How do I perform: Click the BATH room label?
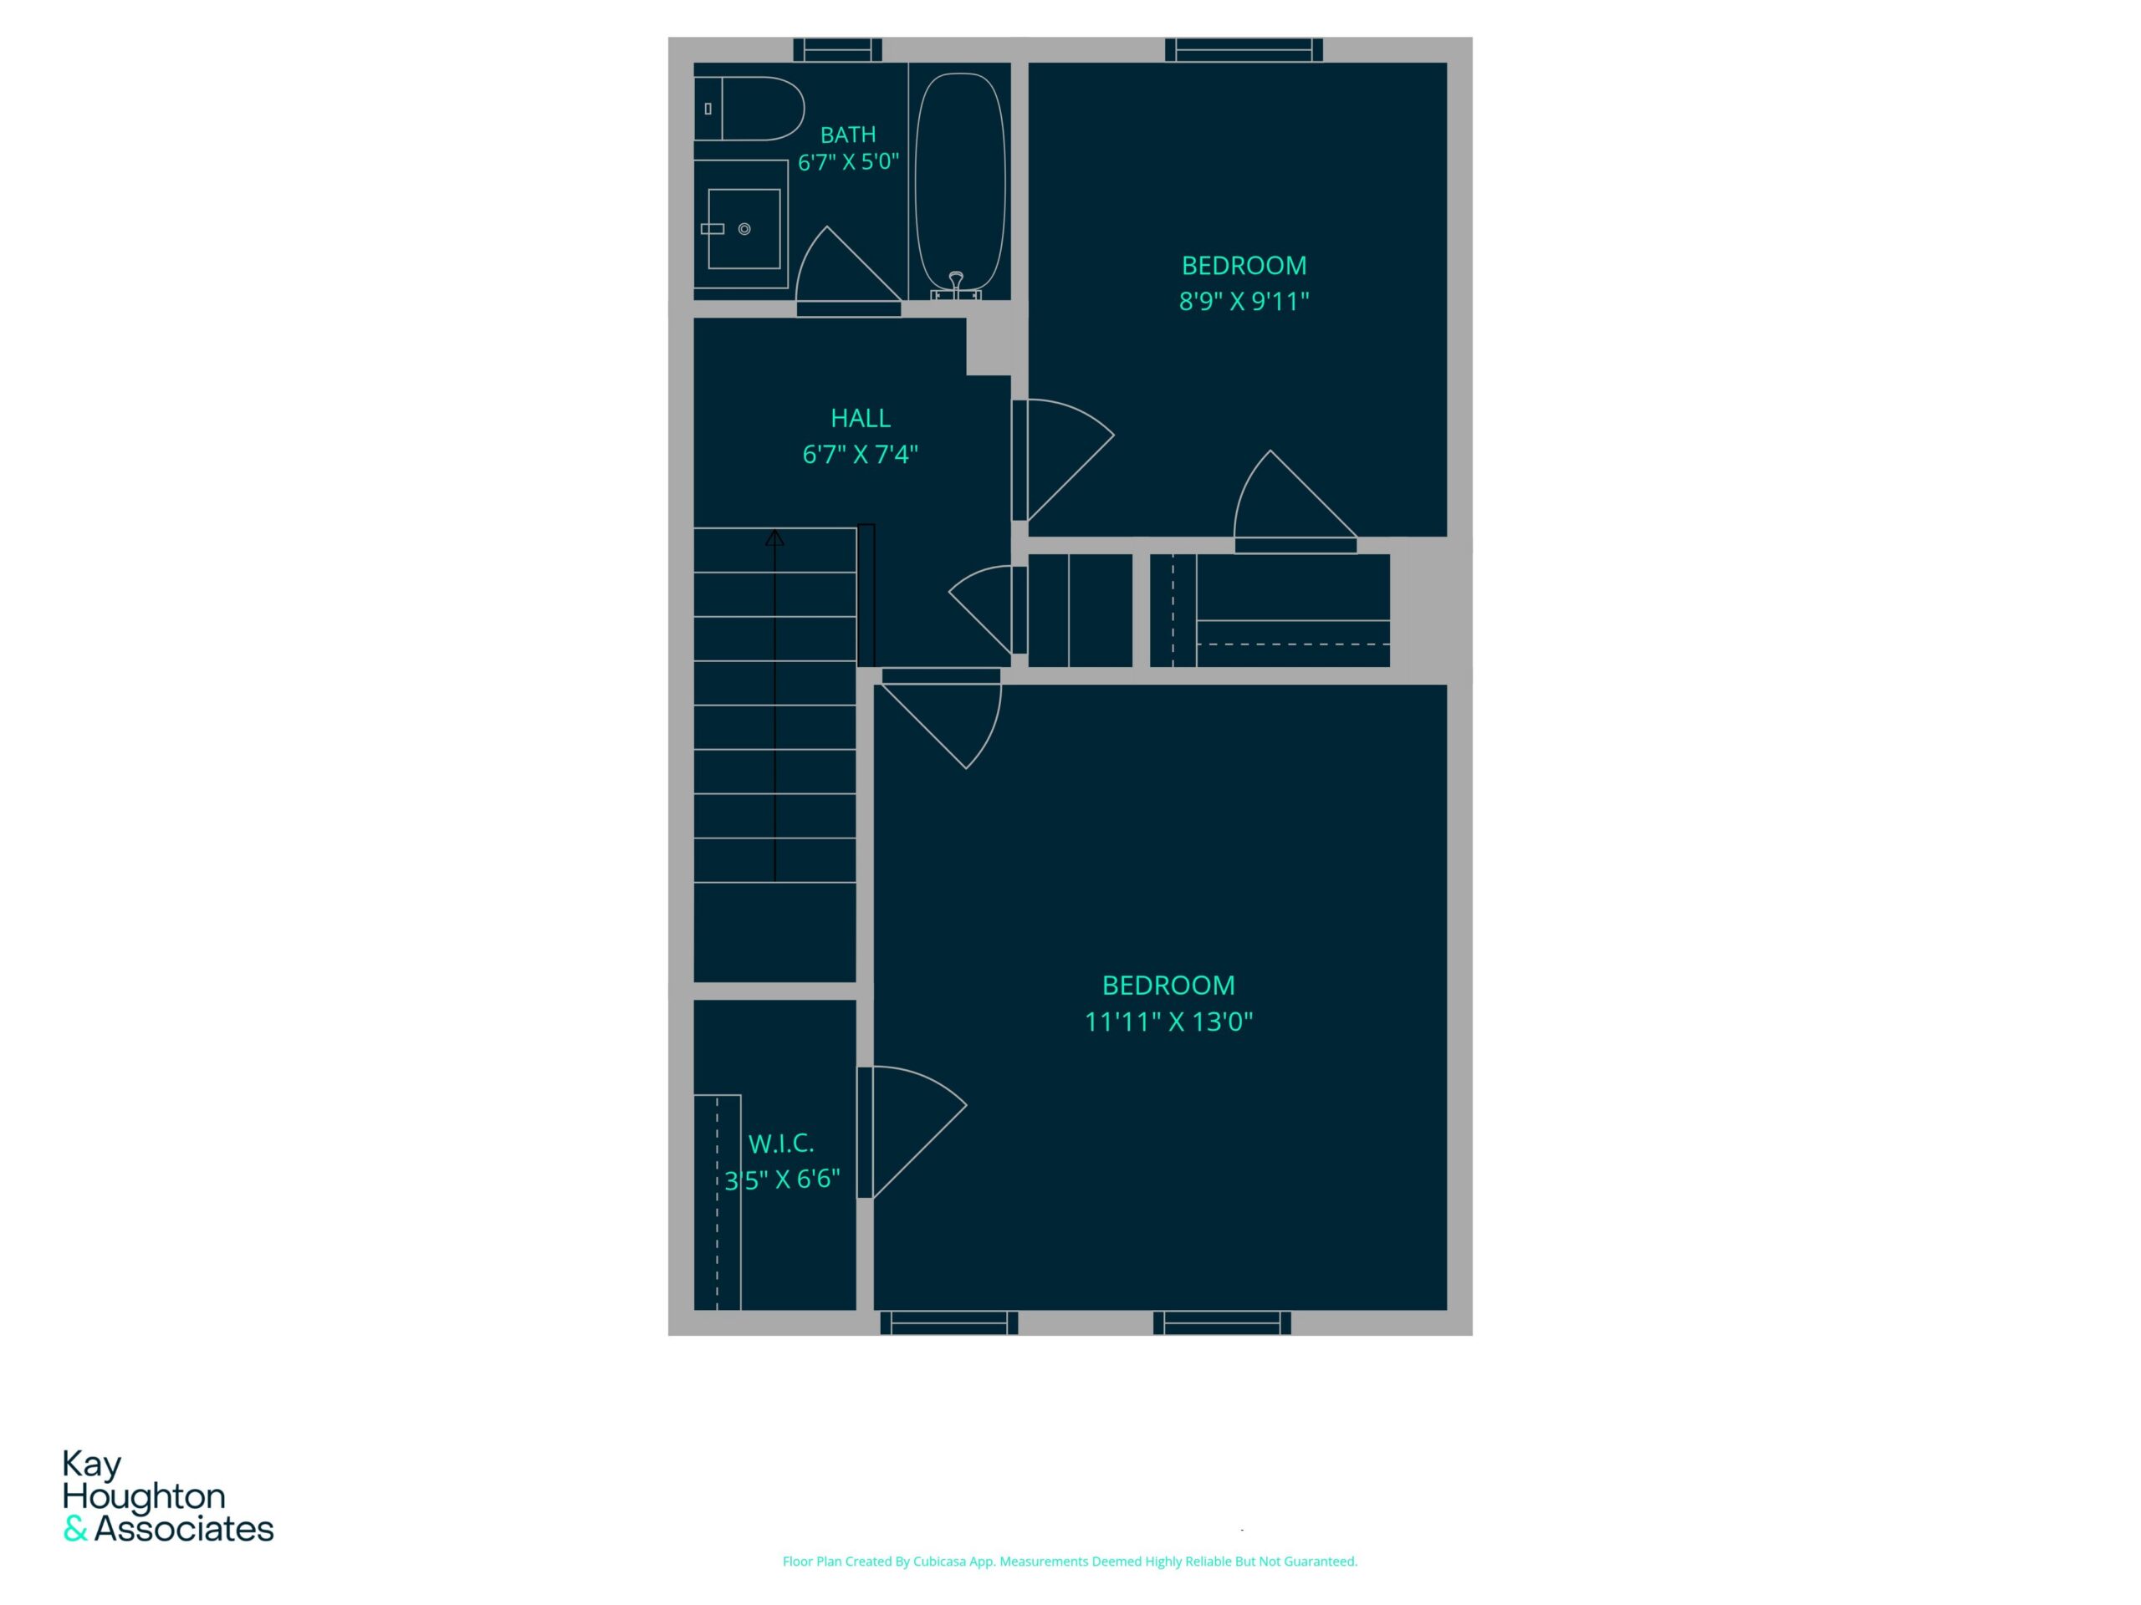[848, 135]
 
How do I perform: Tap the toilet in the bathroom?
[749, 109]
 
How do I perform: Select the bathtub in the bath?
[959, 184]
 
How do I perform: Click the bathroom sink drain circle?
[744, 229]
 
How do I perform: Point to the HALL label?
[861, 418]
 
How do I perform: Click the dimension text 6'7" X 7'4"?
[861, 454]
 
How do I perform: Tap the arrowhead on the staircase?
[774, 537]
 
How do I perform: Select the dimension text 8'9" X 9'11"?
[1244, 301]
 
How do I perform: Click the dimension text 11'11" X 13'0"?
[1168, 1022]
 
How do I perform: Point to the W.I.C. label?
[781, 1144]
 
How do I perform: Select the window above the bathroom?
[837, 49]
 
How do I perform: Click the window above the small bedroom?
[1244, 49]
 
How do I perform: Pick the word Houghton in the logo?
[144, 1496]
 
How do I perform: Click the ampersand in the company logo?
[75, 1530]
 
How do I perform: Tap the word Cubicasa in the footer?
[940, 1562]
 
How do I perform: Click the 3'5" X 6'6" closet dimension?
[782, 1180]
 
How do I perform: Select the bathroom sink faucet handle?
[713, 229]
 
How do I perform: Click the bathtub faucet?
[956, 283]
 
